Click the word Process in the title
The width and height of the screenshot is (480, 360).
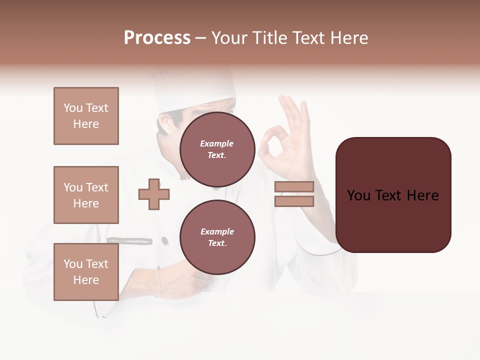click(x=157, y=38)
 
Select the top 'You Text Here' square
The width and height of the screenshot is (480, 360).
click(x=86, y=116)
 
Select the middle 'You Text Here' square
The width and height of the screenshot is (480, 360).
click(x=86, y=195)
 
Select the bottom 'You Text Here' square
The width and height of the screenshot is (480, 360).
click(x=86, y=272)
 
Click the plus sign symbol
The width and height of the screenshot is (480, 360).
click(x=154, y=194)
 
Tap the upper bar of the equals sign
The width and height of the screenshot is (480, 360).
click(x=294, y=186)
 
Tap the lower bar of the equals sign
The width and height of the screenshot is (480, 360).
click(x=294, y=201)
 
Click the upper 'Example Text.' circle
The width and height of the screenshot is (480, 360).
click(x=217, y=149)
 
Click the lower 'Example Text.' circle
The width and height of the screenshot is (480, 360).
click(x=217, y=237)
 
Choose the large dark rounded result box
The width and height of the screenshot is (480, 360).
click(x=393, y=195)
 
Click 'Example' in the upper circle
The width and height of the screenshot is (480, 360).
click(x=217, y=143)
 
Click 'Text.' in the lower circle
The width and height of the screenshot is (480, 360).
click(x=217, y=243)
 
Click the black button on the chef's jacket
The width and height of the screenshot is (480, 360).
click(x=164, y=241)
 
